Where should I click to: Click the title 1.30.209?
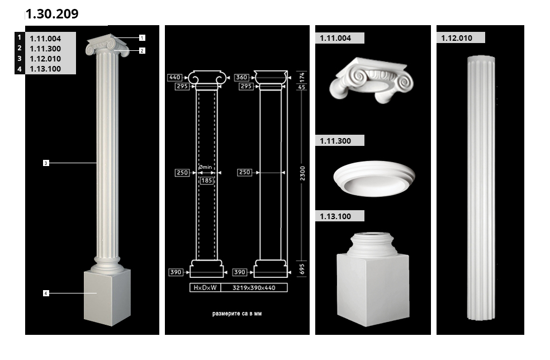coord(52,13)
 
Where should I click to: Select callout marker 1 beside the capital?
coord(142,37)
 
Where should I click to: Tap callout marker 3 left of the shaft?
coord(46,163)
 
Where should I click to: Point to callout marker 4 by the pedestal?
coord(46,293)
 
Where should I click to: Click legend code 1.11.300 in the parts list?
coord(45,49)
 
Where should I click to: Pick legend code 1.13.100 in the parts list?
coord(45,69)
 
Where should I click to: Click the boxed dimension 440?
coord(175,77)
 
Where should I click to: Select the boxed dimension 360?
coord(241,77)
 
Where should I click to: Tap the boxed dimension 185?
coord(207,181)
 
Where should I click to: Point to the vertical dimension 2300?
coord(302,173)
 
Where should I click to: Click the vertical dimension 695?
coord(302,269)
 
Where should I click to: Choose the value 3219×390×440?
coord(254,288)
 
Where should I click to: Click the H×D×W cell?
coord(205,288)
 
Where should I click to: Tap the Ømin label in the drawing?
coord(205,167)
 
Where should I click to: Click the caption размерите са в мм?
coord(237,314)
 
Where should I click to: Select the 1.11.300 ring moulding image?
coord(374,178)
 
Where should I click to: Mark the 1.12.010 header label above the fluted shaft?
coord(457,38)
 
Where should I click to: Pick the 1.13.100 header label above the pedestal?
coord(335,216)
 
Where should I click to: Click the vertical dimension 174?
coord(302,77)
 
